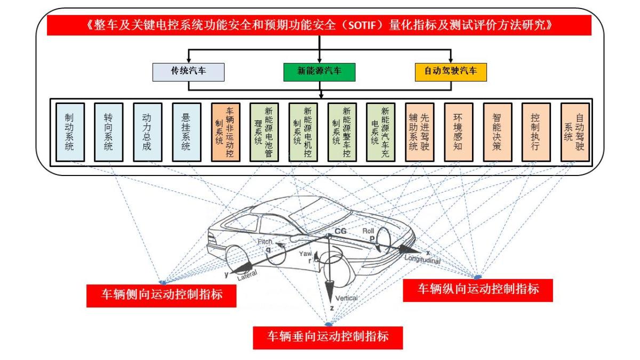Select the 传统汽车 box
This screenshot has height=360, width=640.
pyautogui.click(x=188, y=72)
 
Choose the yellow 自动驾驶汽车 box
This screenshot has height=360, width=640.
pyautogui.click(x=451, y=72)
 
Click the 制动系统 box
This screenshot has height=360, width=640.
pyautogui.click(x=69, y=132)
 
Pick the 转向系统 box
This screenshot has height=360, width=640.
pyautogui.click(x=108, y=132)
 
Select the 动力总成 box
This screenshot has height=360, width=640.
pyautogui.click(x=147, y=132)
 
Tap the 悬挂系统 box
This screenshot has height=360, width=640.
pyautogui.click(x=186, y=132)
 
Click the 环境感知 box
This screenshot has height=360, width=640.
pyautogui.click(x=458, y=132)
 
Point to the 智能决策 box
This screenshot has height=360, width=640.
pyautogui.click(x=497, y=132)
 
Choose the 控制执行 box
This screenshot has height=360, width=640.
pyautogui.click(x=536, y=132)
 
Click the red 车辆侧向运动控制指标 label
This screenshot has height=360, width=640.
pyautogui.click(x=161, y=295)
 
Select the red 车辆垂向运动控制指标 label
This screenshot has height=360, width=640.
pyautogui.click(x=327, y=337)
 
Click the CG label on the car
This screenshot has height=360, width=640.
pyautogui.click(x=340, y=230)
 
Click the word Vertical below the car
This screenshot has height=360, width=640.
pyautogui.click(x=347, y=298)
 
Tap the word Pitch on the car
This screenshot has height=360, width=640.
pyautogui.click(x=265, y=242)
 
